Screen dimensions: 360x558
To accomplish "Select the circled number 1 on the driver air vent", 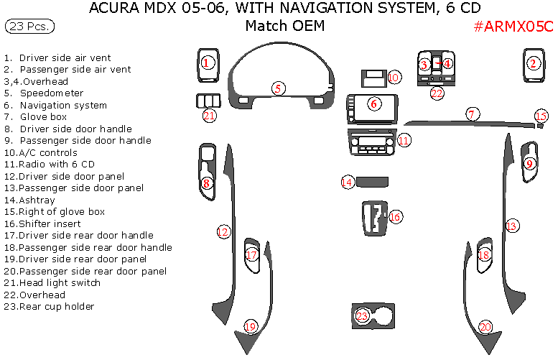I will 206,63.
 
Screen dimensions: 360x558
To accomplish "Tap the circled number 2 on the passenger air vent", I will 533,63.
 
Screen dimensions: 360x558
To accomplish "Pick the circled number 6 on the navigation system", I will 374,103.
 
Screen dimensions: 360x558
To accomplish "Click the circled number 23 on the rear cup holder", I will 363,315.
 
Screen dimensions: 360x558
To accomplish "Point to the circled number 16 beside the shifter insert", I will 396,216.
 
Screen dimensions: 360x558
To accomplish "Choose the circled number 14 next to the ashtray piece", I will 348,183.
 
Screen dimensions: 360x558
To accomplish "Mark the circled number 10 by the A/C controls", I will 394,77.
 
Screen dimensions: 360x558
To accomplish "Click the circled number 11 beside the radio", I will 404,140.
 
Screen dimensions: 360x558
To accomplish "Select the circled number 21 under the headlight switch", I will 209,116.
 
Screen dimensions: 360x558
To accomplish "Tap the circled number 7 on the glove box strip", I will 472,114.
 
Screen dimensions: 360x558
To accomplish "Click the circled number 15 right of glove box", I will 541,116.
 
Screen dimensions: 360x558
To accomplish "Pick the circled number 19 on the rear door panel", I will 250,327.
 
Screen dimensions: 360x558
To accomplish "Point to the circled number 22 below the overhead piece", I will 437,93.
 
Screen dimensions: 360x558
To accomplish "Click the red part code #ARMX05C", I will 513,27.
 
